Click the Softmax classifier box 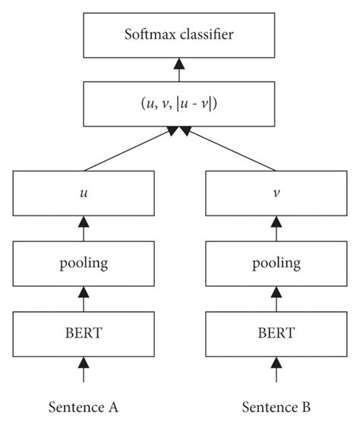tap(179, 35)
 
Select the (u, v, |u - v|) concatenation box tap(179, 105)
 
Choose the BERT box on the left tap(84, 332)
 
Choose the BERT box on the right tap(276, 332)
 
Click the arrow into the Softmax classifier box tap(179, 70)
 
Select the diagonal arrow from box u tap(129, 150)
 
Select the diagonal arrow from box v tap(231, 150)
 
